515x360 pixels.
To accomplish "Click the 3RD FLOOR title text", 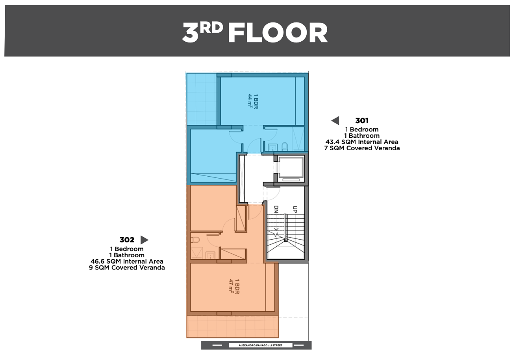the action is (255, 32).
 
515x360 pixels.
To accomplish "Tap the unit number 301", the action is (362, 121).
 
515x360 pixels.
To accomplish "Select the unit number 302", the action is (127, 240).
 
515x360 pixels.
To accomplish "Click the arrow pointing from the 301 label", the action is (335, 121).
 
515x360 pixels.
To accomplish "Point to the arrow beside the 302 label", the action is (144, 240).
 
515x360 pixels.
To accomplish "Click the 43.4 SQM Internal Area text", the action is (362, 142).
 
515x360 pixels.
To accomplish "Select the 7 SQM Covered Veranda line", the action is (362, 148).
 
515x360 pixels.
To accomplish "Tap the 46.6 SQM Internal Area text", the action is (127, 261).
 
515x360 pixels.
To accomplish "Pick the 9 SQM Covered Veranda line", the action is (127, 268).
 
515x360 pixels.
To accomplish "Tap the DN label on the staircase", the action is (276, 209).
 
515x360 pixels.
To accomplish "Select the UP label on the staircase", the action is (295, 209).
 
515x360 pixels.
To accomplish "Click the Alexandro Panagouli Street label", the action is (261, 345).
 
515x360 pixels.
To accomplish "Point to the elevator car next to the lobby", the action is (291, 169).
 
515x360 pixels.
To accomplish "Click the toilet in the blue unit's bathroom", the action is (285, 147).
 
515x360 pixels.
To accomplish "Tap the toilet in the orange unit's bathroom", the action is (195, 240).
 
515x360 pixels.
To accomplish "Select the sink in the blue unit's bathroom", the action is (273, 147).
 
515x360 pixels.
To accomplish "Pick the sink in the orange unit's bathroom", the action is (210, 255).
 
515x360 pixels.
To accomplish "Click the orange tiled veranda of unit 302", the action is (232, 327).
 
